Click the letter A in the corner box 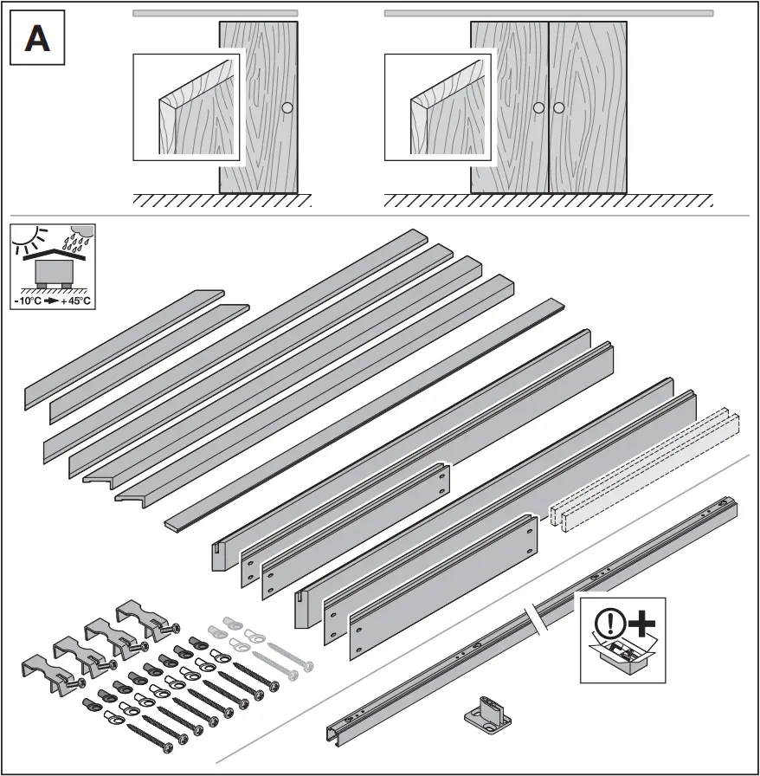36,39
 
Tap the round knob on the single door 287,108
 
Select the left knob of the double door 538,108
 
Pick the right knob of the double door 558,108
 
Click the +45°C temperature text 76,301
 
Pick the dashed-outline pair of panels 645,468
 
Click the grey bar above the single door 216,13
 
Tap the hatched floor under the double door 548,201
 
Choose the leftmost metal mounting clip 47,673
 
